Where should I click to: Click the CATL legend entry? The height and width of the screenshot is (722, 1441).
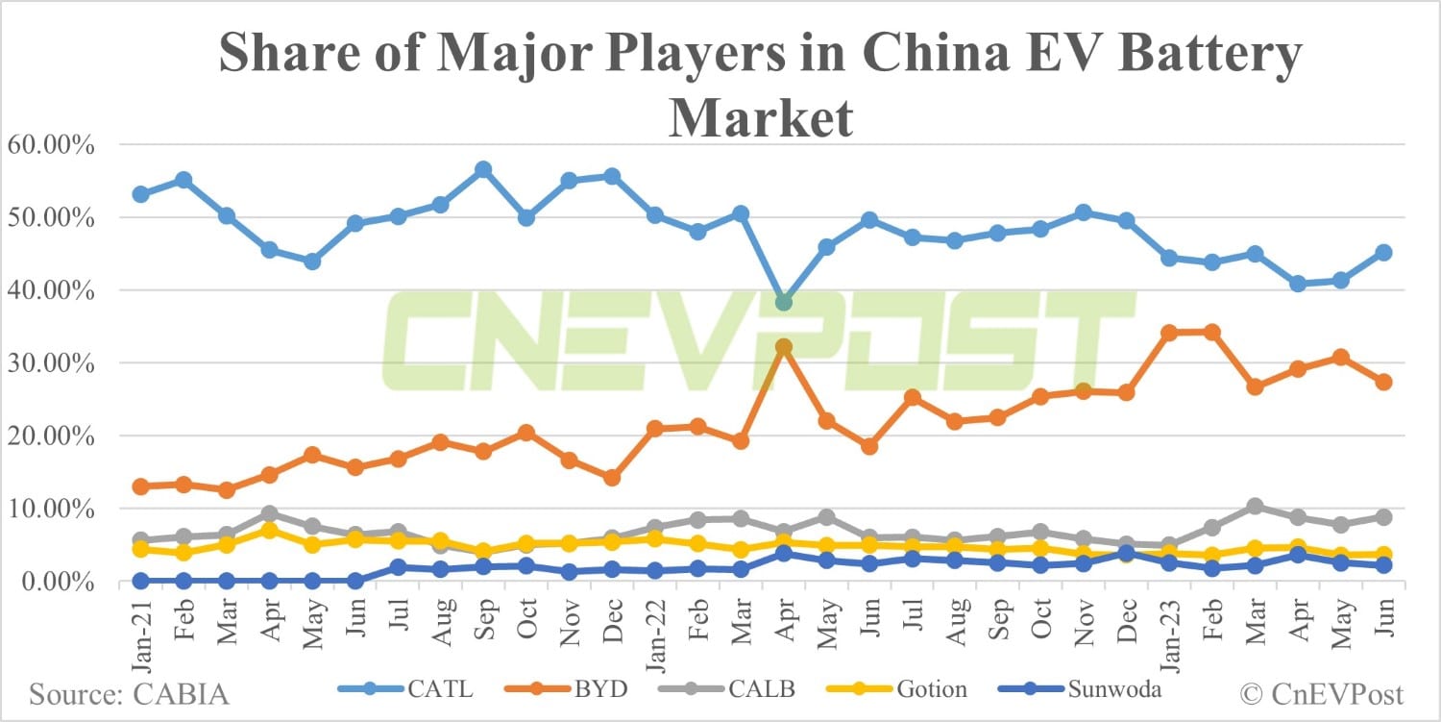tap(403, 689)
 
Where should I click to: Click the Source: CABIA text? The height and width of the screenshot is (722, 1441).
tap(130, 693)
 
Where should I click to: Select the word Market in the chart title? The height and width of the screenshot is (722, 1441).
tap(760, 119)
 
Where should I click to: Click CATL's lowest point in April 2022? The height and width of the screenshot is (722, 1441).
tap(784, 302)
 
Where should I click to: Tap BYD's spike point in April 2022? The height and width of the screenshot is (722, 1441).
tap(784, 347)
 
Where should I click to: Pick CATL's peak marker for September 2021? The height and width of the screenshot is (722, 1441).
tap(483, 170)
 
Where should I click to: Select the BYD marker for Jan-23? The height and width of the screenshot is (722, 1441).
tap(1169, 333)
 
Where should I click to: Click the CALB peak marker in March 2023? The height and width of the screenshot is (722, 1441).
tap(1255, 507)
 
